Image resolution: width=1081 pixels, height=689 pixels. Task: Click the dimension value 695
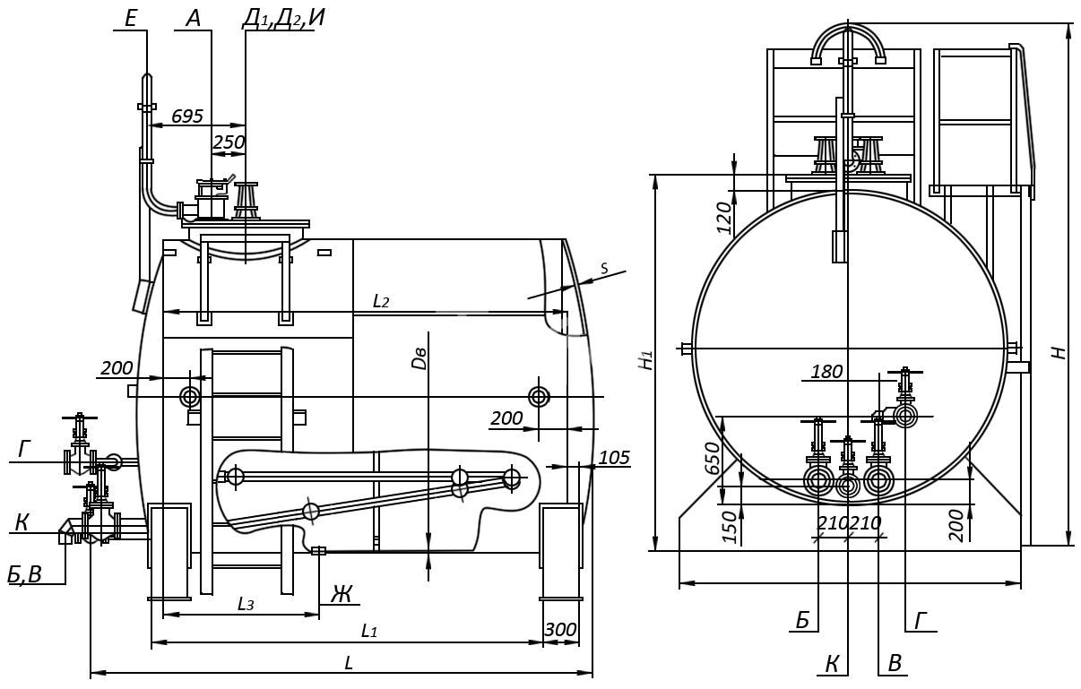[187, 116]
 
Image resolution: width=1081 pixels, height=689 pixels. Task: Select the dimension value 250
[229, 142]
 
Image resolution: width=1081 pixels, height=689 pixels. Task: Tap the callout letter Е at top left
[131, 19]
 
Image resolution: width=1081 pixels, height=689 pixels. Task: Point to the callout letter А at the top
[193, 19]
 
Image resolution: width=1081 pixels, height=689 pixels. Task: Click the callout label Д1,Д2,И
[283, 19]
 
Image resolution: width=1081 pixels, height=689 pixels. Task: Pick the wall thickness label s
[605, 268]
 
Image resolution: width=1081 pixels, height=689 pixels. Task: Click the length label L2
[381, 302]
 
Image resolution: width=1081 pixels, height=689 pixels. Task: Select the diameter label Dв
[419, 357]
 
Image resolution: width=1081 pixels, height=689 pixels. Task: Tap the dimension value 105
[614, 458]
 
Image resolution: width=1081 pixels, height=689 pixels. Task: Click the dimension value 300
[560, 630]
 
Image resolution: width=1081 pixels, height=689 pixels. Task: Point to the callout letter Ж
[342, 594]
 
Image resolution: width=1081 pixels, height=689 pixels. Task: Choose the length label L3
[246, 604]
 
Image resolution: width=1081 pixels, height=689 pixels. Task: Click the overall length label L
[348, 662]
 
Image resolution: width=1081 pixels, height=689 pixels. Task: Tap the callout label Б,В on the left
[24, 574]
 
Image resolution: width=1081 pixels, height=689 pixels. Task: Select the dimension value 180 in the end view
[826, 372]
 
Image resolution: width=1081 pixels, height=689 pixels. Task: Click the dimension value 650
[713, 459]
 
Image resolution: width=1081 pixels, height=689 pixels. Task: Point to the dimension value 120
[724, 218]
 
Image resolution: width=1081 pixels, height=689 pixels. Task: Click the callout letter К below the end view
[832, 664]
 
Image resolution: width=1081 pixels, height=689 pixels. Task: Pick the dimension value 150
[731, 528]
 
